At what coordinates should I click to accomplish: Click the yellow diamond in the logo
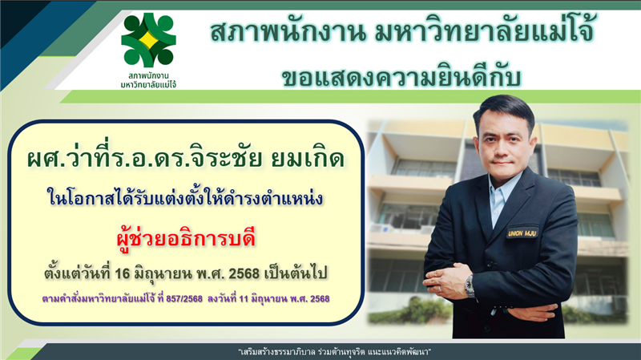point(148,39)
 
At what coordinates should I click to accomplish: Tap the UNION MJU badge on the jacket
point(522,233)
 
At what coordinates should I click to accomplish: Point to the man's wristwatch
point(470,286)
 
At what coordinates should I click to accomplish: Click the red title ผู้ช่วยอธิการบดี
point(187,238)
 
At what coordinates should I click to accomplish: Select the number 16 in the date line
point(123,273)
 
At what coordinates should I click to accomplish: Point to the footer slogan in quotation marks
point(335,352)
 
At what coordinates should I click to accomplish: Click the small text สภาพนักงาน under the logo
point(148,75)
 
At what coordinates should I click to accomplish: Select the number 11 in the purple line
point(244,298)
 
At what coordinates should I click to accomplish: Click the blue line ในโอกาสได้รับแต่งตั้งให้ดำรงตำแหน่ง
point(185,197)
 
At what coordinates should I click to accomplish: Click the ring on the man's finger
point(441,289)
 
